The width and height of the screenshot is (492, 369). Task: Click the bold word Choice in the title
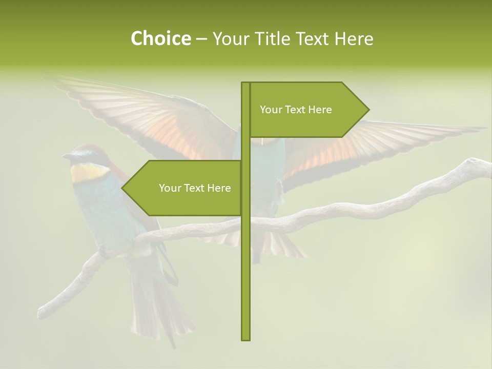coord(160,38)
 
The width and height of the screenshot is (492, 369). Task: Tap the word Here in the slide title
coord(353,38)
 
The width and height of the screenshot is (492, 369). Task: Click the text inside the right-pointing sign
coord(296,110)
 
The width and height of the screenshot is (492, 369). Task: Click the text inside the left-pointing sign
coord(195,188)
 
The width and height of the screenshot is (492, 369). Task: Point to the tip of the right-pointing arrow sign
coord(368,109)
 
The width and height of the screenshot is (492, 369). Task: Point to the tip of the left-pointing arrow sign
coord(122,188)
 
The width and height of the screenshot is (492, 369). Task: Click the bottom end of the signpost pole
coord(245,339)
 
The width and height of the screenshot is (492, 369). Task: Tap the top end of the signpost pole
coord(245,83)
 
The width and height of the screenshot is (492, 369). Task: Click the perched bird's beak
coord(66,156)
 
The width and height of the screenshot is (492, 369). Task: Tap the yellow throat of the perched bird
coord(85,174)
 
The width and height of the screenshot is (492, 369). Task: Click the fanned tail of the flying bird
coord(279,246)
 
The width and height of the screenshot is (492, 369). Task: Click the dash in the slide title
coord(201,38)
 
